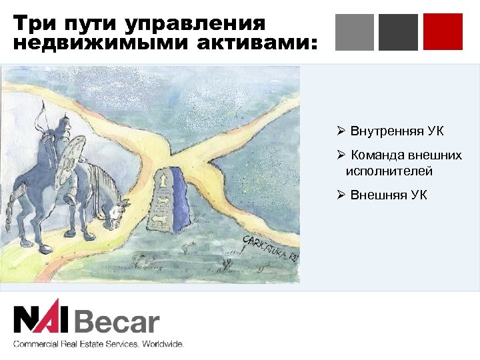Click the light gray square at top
pos(355,32)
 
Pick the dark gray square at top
pos(398,32)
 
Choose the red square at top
pos(443,32)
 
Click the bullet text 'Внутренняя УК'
pos(397,131)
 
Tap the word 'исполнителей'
pos(389,171)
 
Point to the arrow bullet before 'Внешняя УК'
pos(341,195)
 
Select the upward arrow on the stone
pos(162,179)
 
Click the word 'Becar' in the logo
pos(117,323)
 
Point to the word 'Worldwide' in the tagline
pos(161,344)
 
